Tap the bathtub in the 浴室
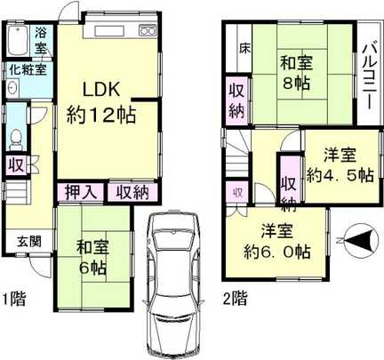point(17,41)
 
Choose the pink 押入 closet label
point(78,192)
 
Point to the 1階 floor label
point(14,300)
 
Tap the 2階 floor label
point(234,300)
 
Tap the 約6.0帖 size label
point(278,252)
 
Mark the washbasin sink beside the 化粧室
point(11,89)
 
